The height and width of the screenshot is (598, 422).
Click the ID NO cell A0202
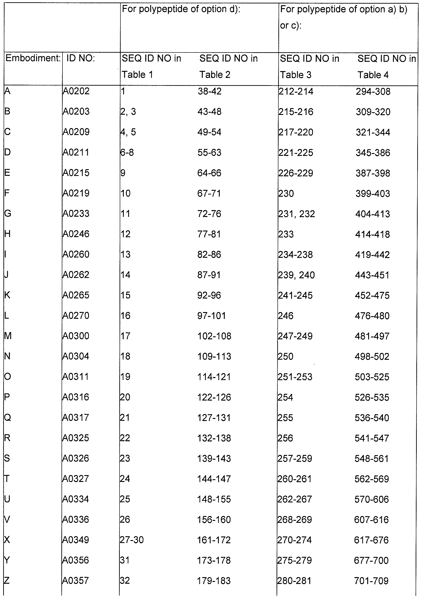tap(76, 91)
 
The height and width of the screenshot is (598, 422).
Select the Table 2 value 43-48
tap(209, 112)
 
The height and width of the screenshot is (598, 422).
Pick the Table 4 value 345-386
tap(373, 153)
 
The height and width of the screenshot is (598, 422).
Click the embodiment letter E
tap(7, 173)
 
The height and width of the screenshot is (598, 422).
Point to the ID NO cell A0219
tap(76, 193)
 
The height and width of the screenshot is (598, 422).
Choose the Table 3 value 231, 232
tap(297, 214)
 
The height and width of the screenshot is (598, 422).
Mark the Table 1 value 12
tap(125, 234)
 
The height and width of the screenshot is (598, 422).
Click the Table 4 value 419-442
tap(372, 254)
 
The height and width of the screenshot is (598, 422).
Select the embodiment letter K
tap(7, 295)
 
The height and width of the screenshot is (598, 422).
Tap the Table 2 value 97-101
tap(211, 316)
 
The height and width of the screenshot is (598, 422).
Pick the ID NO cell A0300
tap(76, 336)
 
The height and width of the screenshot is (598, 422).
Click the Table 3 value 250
tap(285, 356)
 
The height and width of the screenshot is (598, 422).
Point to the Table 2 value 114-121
tap(214, 377)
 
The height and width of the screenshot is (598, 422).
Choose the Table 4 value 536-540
tap(372, 418)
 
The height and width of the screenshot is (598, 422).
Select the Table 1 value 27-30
tap(132, 540)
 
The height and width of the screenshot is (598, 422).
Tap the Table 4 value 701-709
tap(371, 581)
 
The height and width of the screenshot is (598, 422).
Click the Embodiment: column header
tap(33, 58)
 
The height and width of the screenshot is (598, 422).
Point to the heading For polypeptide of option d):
tap(181, 9)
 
